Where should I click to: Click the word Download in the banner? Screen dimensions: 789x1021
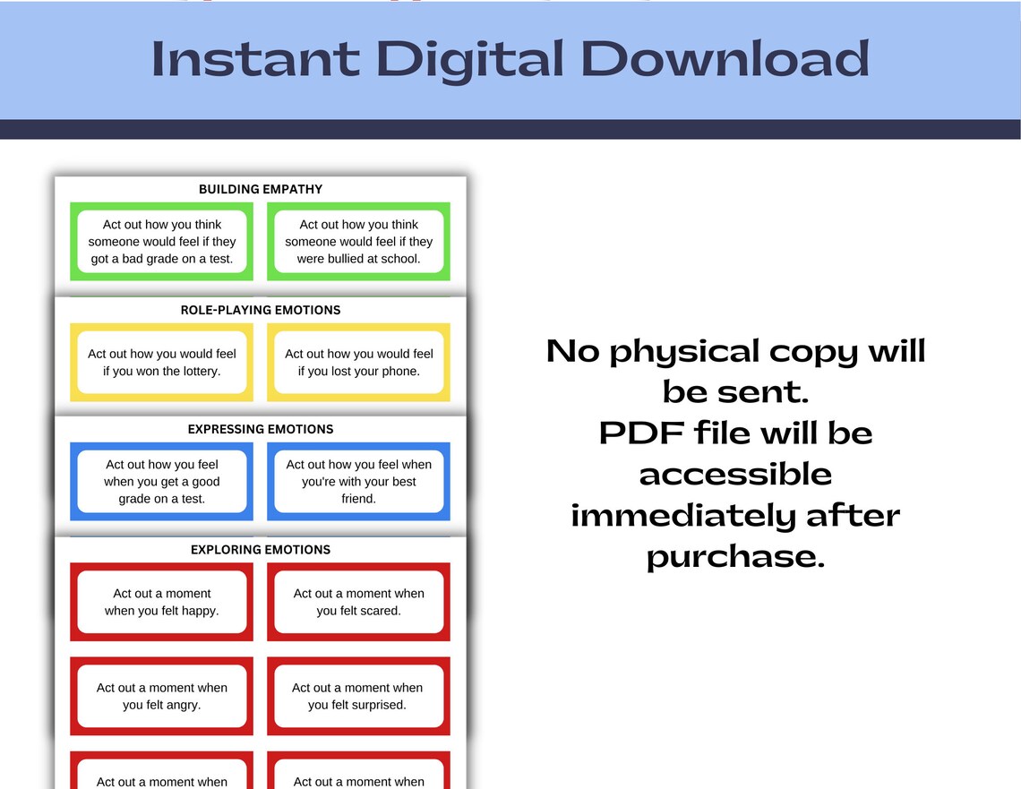pos(725,59)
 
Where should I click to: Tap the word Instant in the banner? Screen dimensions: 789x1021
pos(255,59)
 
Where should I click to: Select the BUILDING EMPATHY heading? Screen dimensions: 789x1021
pos(261,189)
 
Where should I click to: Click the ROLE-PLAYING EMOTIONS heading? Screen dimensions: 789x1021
pos(261,310)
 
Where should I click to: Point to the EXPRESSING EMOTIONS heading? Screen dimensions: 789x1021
pos(261,429)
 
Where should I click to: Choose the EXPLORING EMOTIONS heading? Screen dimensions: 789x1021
pos(261,549)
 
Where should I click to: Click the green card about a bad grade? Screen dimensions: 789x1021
pos(162,242)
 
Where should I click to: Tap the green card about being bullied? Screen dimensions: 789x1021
pos(358,242)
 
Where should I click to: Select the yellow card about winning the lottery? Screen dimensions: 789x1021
pos(162,363)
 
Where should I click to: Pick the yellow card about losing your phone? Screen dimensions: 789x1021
pos(358,363)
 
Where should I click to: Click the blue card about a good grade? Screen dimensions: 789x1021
pos(162,482)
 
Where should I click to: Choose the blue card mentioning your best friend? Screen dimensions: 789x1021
pos(358,482)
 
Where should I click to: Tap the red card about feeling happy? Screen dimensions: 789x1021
pos(162,602)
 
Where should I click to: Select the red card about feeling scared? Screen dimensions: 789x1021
pos(358,602)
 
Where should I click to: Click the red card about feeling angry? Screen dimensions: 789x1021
pos(162,696)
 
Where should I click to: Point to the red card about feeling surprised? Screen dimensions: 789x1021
pos(358,696)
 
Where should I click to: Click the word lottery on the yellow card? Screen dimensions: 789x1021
pos(199,371)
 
